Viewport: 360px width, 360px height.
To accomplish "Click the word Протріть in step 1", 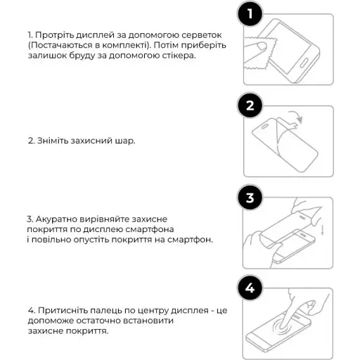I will pyautogui.click(x=55, y=34).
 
